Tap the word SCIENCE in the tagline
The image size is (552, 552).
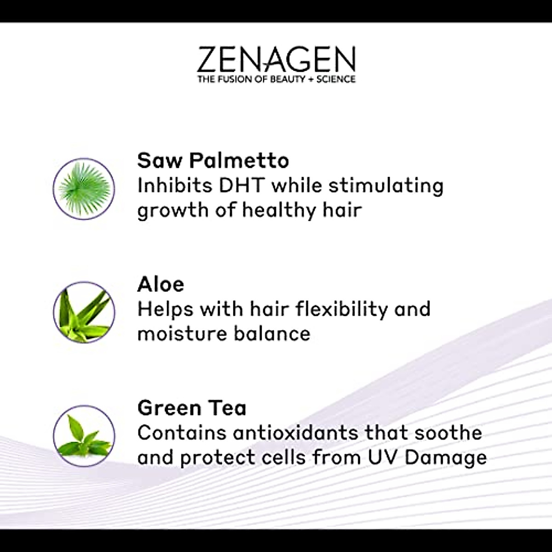tap(336, 79)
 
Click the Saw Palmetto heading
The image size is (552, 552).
tap(213, 161)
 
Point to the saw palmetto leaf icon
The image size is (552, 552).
tap(84, 189)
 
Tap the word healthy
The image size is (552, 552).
tap(279, 211)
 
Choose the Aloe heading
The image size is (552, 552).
tap(161, 284)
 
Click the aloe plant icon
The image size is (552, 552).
tap(84, 312)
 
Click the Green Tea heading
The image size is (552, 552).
tap(192, 408)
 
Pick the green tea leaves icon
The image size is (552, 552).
tap(84, 436)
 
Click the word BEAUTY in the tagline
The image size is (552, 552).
tap(287, 79)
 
